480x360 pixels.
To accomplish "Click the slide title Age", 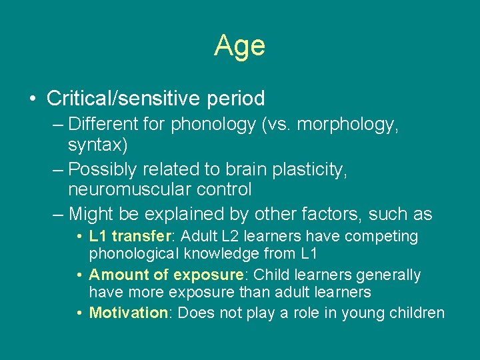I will tap(239, 46).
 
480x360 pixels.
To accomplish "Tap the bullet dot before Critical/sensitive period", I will tap(33, 99).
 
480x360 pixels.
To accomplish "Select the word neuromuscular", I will tap(124, 190).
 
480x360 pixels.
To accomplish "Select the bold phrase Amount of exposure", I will tap(165, 275).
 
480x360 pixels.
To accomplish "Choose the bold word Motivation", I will tap(128, 313).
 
